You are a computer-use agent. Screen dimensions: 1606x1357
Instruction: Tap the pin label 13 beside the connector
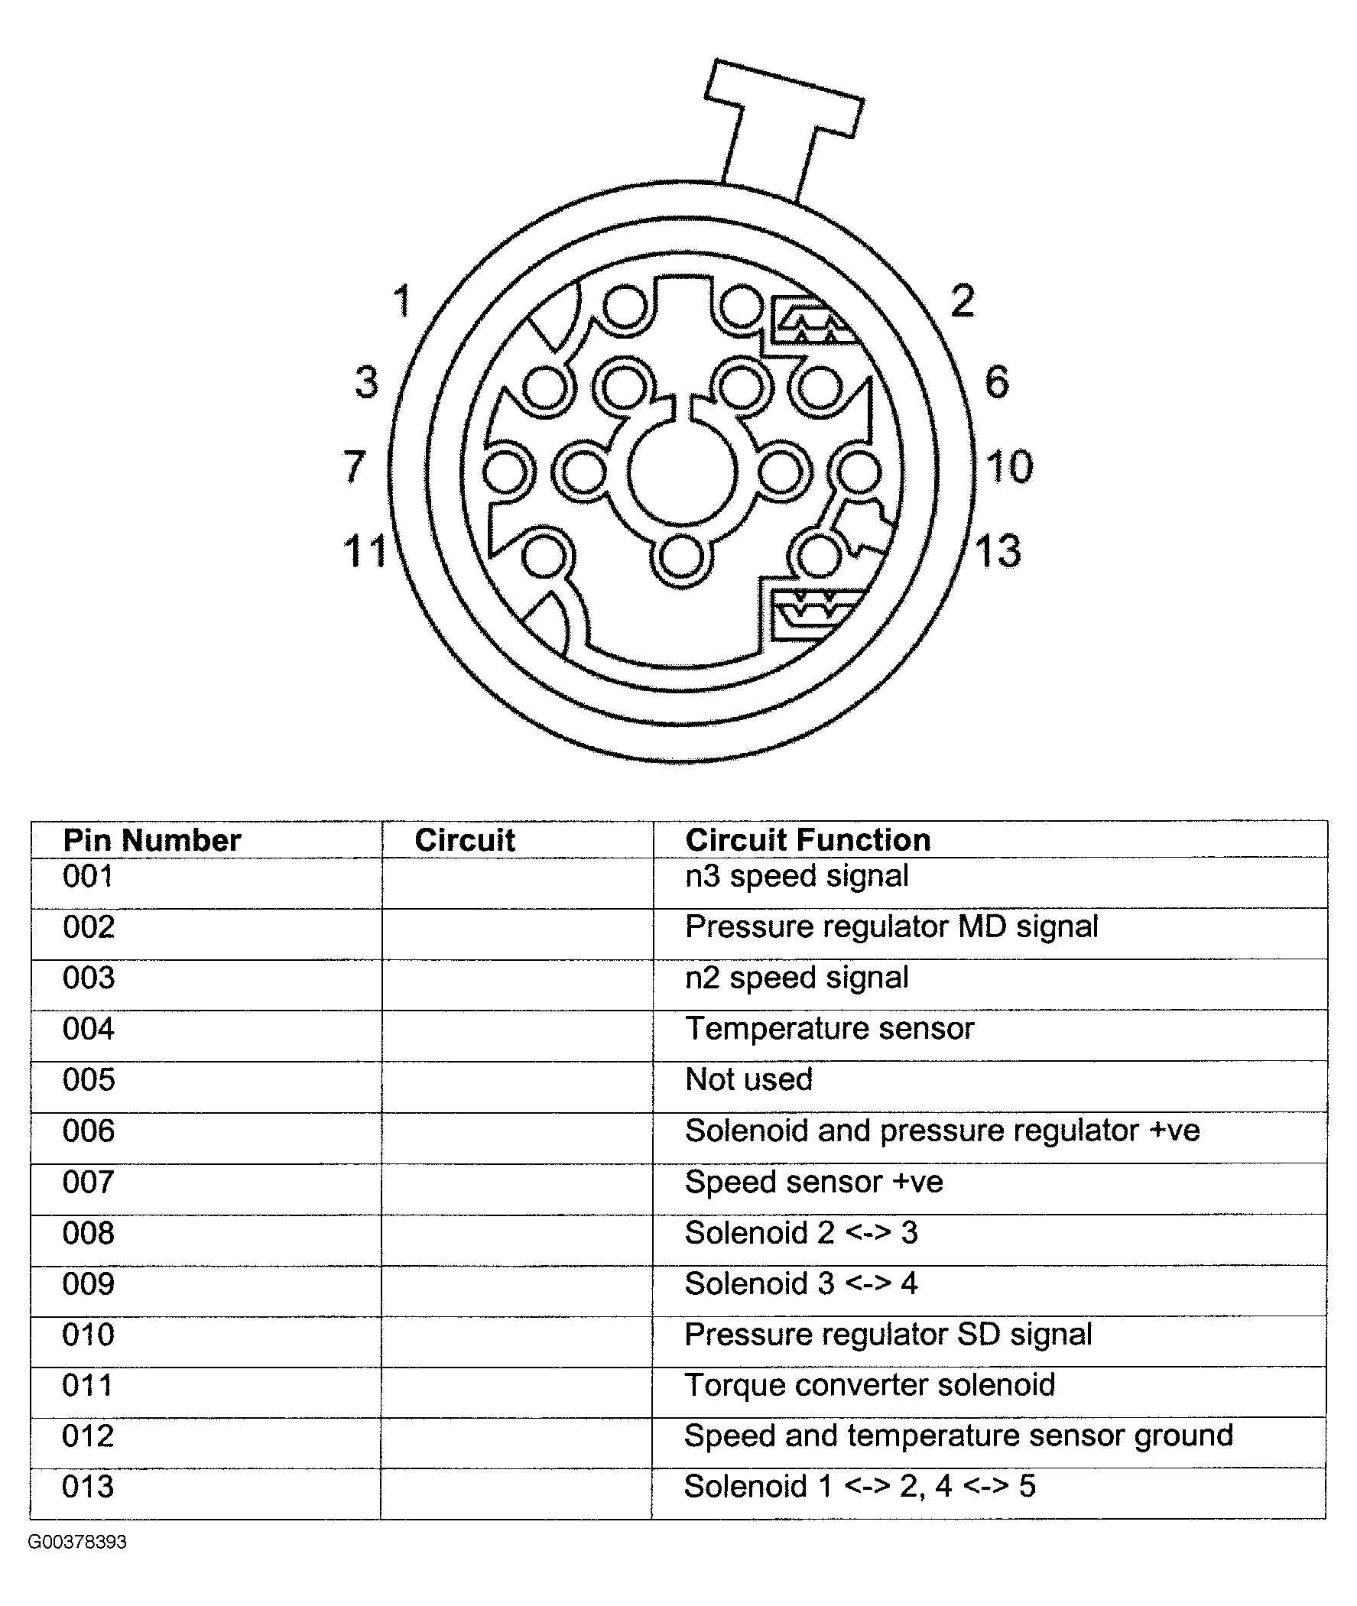pos(998,551)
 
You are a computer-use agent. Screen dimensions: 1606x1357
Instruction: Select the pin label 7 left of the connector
pos(354,467)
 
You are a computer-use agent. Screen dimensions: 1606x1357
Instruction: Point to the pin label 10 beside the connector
pos(1008,467)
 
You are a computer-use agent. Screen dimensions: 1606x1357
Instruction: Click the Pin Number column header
pos(151,840)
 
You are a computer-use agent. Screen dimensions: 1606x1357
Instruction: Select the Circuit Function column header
pos(808,840)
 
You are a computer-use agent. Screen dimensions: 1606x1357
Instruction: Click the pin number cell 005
pos(89,1080)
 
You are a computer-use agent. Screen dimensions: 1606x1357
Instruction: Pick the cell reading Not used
pos(748,1080)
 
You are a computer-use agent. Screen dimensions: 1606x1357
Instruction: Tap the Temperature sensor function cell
pos(829,1029)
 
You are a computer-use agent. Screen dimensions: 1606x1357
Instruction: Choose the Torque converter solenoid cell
pos(869,1385)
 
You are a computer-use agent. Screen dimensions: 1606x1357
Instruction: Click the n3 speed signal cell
pos(797,876)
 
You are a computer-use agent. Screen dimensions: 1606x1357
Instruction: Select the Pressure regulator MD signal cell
pos(891,927)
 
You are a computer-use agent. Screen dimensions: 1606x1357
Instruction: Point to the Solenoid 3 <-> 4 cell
pos(800,1283)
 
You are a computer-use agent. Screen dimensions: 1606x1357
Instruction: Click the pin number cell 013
pos(88,1487)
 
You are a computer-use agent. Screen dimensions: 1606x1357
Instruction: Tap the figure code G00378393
pos(77,1542)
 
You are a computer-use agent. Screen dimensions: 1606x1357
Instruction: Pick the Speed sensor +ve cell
pos(814,1183)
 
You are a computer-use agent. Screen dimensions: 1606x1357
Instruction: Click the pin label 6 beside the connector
pos(997,382)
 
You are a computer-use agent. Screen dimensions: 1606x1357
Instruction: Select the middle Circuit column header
pos(465,840)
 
